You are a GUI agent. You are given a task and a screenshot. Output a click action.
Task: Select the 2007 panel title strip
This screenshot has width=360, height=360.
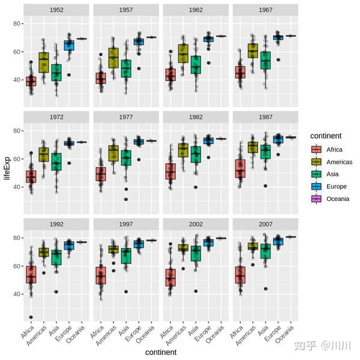[266, 225]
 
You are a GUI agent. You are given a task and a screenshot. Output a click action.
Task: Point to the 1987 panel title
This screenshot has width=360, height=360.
[266, 118]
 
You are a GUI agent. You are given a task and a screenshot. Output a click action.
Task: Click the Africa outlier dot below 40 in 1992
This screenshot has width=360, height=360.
[31, 317]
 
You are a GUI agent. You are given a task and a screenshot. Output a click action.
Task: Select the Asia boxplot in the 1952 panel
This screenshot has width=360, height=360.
[56, 72]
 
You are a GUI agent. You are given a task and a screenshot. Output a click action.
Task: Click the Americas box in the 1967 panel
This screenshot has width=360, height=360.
[253, 51]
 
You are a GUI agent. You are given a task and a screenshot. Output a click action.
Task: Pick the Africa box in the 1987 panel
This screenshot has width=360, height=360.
[241, 169]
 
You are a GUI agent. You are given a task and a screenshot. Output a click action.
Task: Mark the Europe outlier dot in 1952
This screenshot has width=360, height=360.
[70, 75]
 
